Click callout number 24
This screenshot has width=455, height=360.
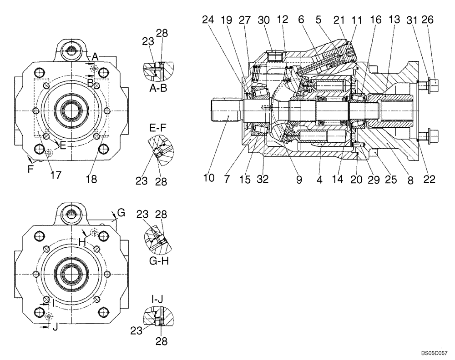208,20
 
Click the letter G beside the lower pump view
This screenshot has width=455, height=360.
121,212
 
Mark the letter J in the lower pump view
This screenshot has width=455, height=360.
55,326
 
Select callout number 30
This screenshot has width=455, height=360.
263,20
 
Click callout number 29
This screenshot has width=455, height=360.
372,180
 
